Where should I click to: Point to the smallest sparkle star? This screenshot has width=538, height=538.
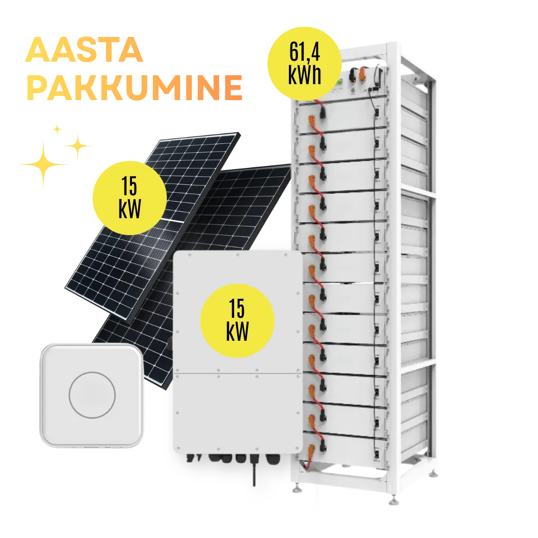[58, 130]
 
